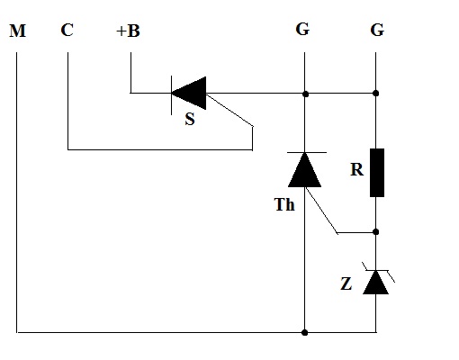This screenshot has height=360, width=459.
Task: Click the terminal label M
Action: coord(18,31)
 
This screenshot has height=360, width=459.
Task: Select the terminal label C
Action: coord(67,31)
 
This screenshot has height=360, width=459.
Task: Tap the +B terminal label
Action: coord(128,31)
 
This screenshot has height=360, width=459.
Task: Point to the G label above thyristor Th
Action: coord(302,30)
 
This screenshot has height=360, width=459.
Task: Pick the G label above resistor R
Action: coord(377,30)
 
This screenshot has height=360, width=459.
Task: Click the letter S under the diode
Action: coord(190,119)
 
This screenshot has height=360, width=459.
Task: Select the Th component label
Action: coord(284,205)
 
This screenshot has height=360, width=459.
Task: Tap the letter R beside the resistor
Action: coord(356,170)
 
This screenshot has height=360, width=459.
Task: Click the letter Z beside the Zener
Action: coord(346,283)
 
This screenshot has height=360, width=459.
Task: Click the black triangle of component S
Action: coord(192,93)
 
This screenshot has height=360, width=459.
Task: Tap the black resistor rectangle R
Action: coord(377,173)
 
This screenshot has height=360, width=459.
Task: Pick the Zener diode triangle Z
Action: coord(376,283)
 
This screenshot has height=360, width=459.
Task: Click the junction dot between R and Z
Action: coord(376,232)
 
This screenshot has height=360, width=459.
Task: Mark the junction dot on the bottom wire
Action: coord(304,332)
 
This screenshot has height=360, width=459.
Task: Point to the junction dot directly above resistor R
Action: coord(375,94)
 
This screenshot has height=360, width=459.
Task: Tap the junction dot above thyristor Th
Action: coord(305,94)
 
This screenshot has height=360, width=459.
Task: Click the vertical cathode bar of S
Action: coord(171,95)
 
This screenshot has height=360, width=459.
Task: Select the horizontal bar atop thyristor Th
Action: coord(307,153)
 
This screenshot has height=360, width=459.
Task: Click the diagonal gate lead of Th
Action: coord(321,210)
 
